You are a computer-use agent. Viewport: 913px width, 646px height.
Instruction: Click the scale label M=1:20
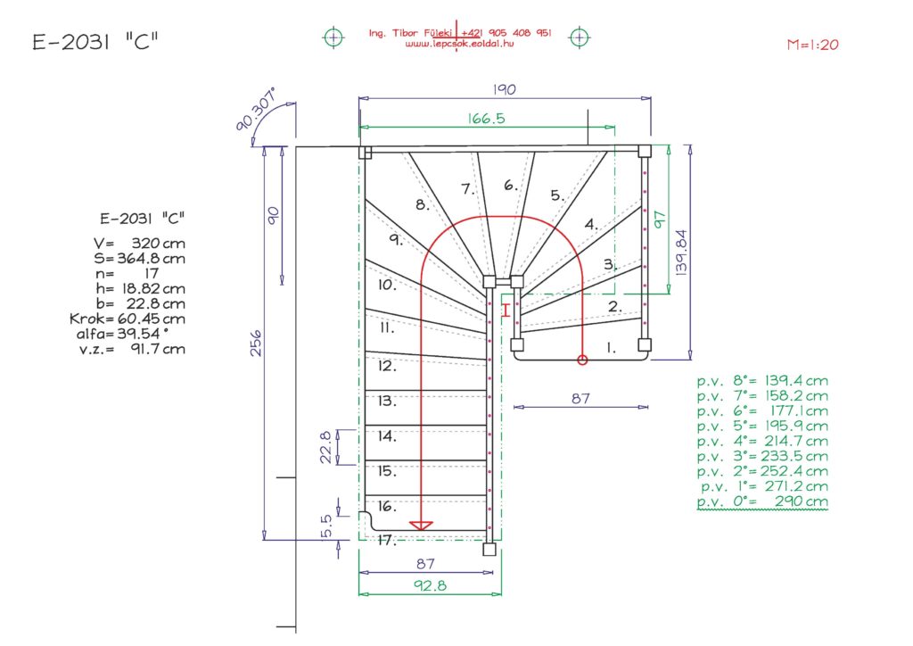coord(812,45)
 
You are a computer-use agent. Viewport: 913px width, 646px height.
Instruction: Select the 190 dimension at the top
coord(505,90)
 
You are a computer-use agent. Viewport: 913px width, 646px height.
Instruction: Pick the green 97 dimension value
coord(660,219)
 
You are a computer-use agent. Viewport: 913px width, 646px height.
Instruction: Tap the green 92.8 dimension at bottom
coord(430,585)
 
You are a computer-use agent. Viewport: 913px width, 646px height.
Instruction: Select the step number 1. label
coord(611,349)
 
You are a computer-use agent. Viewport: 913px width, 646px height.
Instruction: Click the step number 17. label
coord(386,541)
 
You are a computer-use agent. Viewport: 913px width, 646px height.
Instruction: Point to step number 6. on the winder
coord(510,186)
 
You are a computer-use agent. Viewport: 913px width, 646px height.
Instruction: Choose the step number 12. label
coord(386,366)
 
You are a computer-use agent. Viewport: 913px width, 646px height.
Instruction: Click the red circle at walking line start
coord(582,360)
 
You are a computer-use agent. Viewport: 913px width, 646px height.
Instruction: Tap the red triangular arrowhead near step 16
coord(421,525)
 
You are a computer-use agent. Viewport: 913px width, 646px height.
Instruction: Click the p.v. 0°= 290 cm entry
coord(762,502)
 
